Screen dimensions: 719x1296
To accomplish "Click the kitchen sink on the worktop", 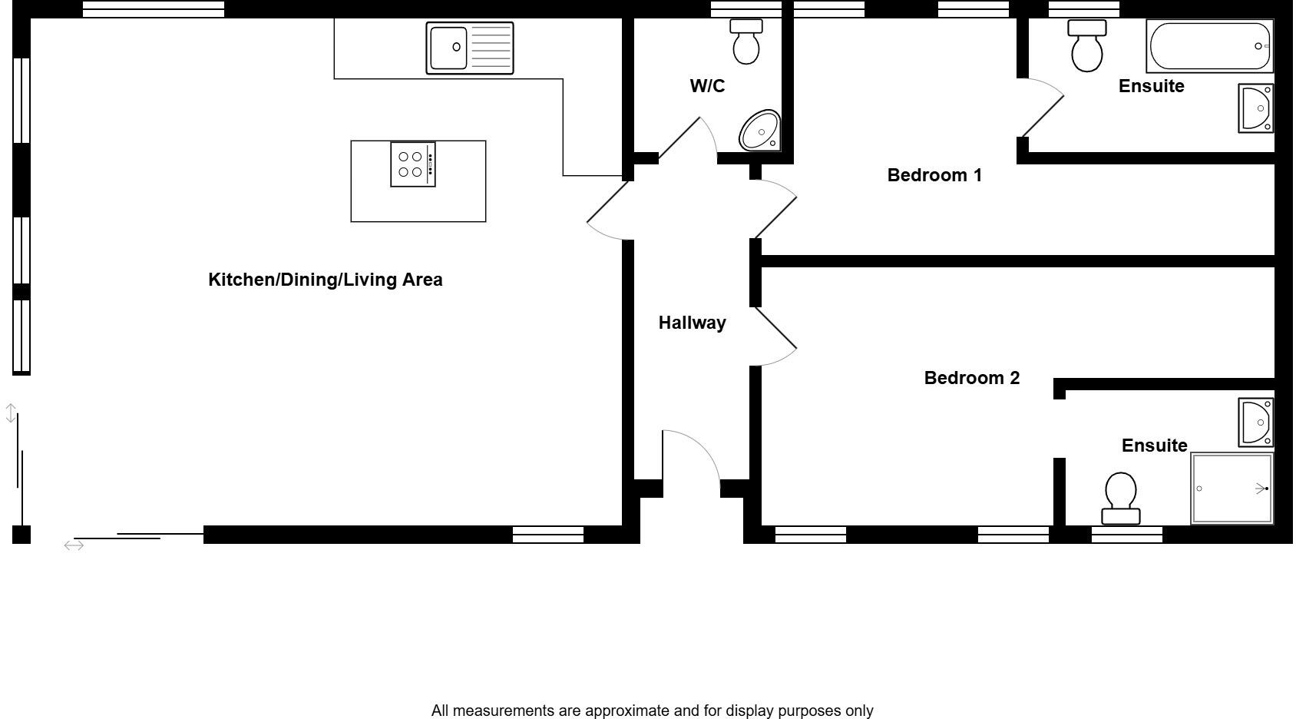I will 469,48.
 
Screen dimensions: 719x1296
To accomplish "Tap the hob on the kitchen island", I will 412,164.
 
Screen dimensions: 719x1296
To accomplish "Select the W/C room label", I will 707,86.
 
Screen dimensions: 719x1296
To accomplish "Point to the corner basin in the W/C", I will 760,131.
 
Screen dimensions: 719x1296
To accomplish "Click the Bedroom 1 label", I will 934,175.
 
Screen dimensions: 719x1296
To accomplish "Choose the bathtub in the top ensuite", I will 1208,46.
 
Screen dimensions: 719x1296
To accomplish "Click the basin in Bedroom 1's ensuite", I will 1257,108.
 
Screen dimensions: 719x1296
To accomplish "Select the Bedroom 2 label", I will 971,378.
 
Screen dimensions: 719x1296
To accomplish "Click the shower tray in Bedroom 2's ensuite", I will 1232,489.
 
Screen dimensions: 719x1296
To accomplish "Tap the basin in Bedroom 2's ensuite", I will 1257,422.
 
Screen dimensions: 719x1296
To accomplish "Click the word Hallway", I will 692,323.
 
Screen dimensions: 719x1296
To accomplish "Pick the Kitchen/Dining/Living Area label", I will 325,280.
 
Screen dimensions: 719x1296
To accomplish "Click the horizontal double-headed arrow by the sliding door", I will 74,545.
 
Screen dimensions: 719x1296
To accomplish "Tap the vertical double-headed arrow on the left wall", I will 11,413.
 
